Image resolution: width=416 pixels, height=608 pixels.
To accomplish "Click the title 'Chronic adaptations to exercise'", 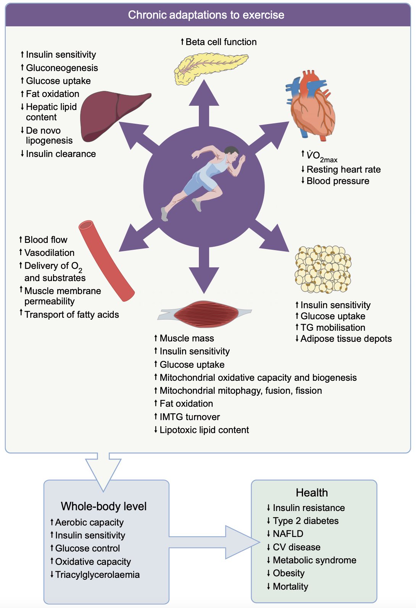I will pyautogui.click(x=206, y=15).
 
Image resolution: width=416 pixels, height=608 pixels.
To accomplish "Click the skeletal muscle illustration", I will pyautogui.click(x=205, y=314).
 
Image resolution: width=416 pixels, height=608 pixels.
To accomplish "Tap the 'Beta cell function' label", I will pyautogui.click(x=221, y=42).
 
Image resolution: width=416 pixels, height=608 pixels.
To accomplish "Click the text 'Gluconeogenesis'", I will pyautogui.click(x=62, y=68).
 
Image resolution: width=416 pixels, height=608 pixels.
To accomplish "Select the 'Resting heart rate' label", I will pyautogui.click(x=343, y=170).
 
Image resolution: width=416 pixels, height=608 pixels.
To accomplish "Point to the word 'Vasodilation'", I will pyautogui.click(x=49, y=253).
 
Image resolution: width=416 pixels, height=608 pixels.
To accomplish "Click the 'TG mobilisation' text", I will pyautogui.click(x=333, y=328).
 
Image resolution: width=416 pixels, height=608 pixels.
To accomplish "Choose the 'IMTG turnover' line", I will pyautogui.click(x=190, y=417).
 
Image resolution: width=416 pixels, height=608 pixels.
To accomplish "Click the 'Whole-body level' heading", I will pyautogui.click(x=104, y=506).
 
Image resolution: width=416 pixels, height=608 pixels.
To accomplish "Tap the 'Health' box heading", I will pyautogui.click(x=312, y=493).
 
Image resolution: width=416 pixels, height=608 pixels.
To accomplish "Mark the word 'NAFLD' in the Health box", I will pyautogui.click(x=288, y=534).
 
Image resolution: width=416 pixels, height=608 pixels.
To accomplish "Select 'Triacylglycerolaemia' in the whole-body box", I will pyautogui.click(x=97, y=575).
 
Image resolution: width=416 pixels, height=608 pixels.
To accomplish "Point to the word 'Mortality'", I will pyautogui.click(x=290, y=587).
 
